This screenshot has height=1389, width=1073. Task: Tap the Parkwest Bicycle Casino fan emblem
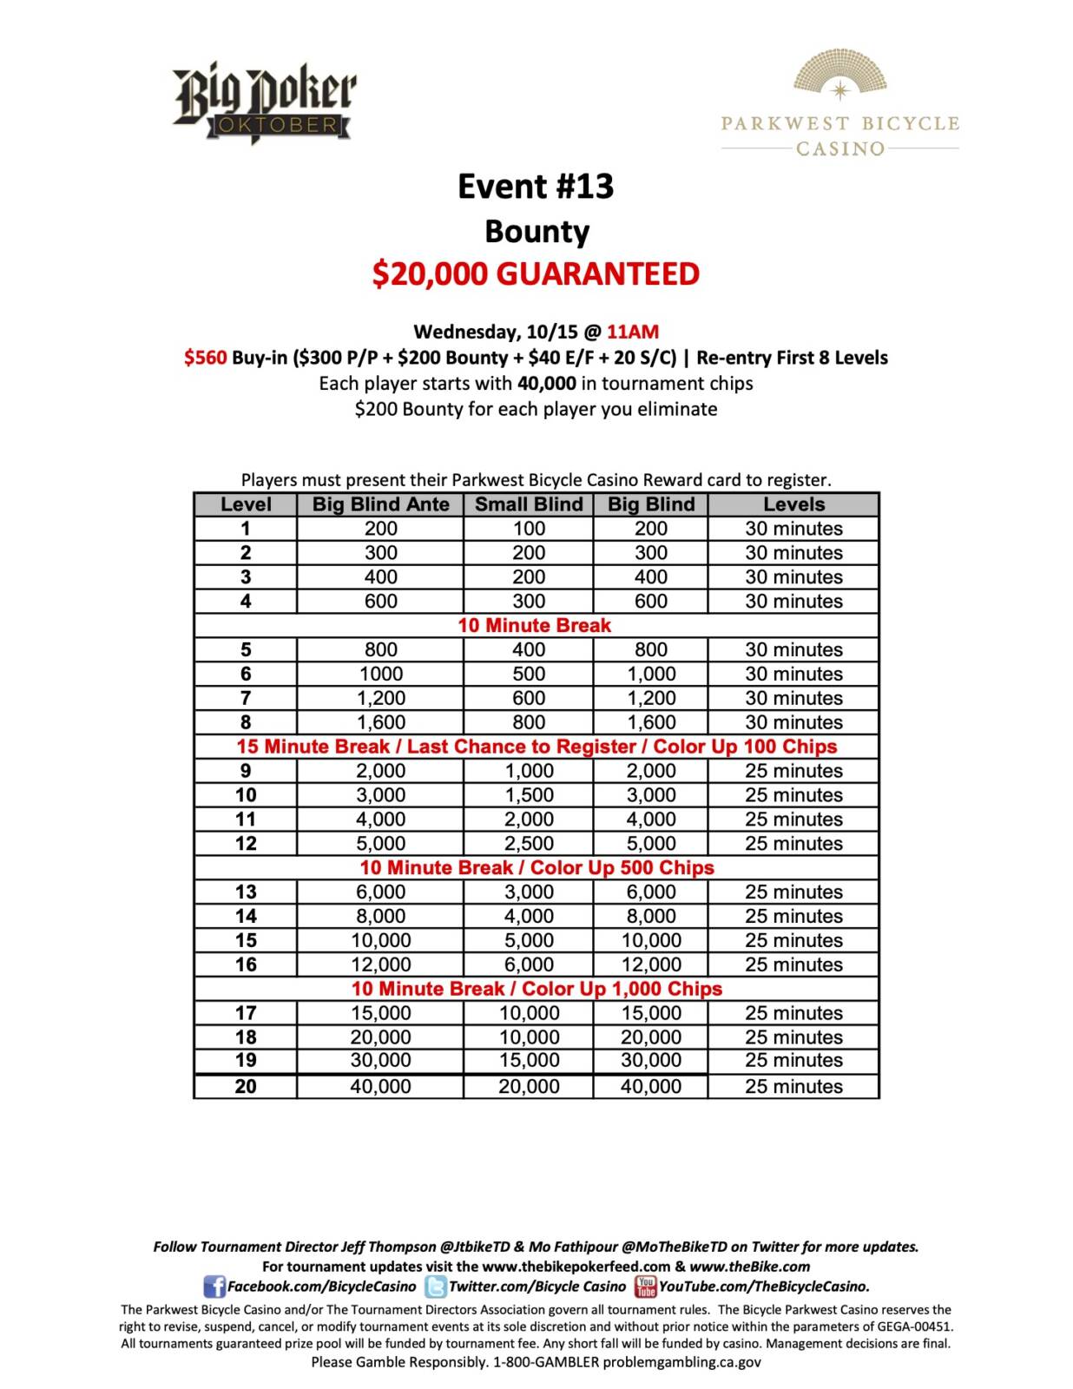click(x=839, y=74)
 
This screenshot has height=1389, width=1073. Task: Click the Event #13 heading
click(x=536, y=187)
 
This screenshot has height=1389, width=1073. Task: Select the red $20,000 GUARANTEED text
click(x=536, y=274)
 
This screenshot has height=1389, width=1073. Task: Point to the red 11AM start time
click(x=633, y=332)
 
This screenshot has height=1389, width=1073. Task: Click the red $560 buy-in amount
click(x=206, y=358)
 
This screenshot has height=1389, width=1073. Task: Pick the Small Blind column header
click(x=529, y=504)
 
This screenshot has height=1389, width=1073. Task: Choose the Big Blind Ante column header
click(x=380, y=504)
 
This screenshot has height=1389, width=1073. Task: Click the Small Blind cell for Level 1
click(x=529, y=529)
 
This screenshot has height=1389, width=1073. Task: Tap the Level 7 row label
click(x=246, y=698)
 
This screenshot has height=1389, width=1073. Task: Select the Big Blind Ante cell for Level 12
click(x=380, y=844)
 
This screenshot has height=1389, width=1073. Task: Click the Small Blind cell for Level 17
click(x=529, y=1013)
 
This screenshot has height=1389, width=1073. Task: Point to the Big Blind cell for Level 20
click(x=651, y=1087)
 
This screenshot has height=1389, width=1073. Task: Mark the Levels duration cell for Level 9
click(x=793, y=771)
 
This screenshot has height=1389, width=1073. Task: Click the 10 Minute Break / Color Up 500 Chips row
click(x=536, y=868)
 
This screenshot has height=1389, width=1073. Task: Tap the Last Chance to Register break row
click(x=536, y=747)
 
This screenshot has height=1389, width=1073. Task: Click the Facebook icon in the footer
click(x=214, y=1287)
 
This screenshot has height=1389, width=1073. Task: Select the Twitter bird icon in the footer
click(x=436, y=1287)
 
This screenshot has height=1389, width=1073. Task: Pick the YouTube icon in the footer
click(x=645, y=1286)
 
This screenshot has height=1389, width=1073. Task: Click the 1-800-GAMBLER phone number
click(x=546, y=1362)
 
